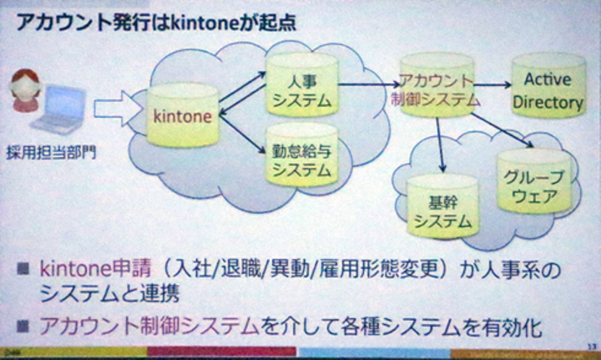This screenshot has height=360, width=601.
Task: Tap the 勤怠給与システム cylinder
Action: pyautogui.click(x=301, y=158)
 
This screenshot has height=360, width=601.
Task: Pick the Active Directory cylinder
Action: pyautogui.click(x=548, y=90)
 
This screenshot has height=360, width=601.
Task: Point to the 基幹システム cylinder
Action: pyautogui.click(x=442, y=210)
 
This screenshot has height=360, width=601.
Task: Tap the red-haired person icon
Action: pyautogui.click(x=25, y=90)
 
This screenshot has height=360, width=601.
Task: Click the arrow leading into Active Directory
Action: pyautogui.click(x=494, y=84)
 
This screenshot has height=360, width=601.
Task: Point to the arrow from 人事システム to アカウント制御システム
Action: pyautogui.click(x=367, y=84)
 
